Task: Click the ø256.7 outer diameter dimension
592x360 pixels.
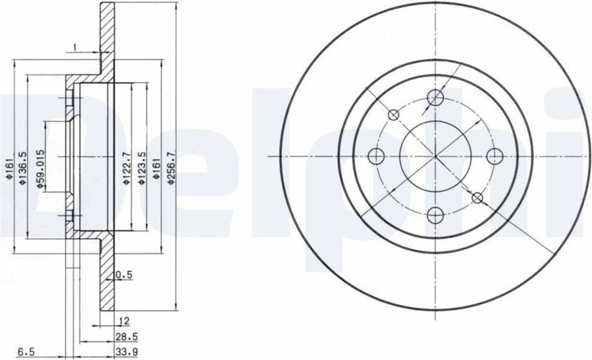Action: (x=171, y=168)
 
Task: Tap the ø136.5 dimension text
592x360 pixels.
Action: (x=22, y=168)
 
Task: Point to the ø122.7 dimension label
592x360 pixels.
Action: (x=127, y=168)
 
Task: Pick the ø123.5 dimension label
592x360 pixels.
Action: (x=142, y=168)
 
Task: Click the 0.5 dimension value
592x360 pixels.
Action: (x=124, y=275)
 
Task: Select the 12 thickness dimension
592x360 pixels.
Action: (x=124, y=321)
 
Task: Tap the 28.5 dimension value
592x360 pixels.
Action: (x=127, y=336)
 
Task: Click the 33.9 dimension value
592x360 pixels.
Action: (x=127, y=352)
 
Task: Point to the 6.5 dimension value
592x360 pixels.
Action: (x=26, y=352)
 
